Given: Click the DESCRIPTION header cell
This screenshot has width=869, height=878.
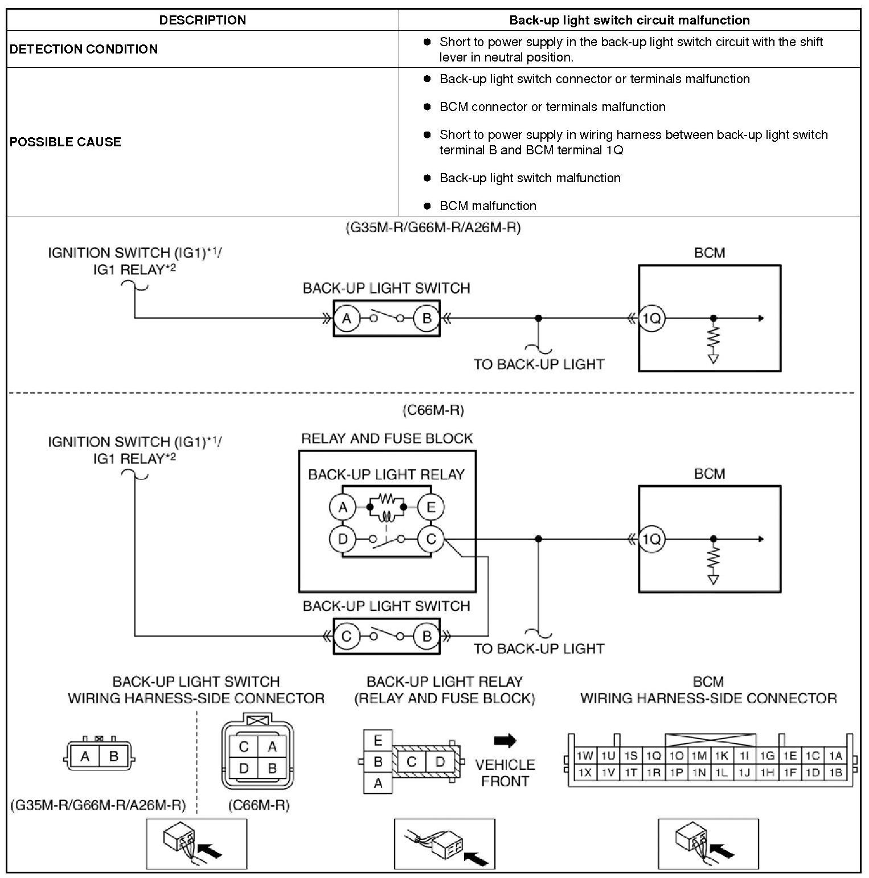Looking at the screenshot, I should click(x=202, y=20).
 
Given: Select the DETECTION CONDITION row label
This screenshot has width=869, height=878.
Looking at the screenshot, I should click(x=84, y=49).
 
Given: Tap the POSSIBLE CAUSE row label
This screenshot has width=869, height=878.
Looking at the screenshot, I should click(x=65, y=142).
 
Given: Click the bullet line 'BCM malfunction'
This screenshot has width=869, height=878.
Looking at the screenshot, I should click(x=487, y=206).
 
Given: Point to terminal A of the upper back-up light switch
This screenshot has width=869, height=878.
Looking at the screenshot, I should click(x=346, y=318).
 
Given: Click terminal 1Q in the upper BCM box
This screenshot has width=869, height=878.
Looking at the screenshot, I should click(x=651, y=318).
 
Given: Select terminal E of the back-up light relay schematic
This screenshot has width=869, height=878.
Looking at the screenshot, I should click(x=431, y=507).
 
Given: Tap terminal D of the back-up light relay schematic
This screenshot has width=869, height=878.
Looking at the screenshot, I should click(x=343, y=539).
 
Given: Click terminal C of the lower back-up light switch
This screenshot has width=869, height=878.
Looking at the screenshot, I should click(x=346, y=636).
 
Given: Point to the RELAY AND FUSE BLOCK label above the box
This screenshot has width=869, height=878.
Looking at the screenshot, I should click(x=387, y=438).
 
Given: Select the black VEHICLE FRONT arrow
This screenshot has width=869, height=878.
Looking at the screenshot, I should click(x=505, y=740).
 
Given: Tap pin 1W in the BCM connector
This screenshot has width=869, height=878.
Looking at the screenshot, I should click(x=585, y=756).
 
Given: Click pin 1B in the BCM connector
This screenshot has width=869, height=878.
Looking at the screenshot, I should click(x=835, y=773).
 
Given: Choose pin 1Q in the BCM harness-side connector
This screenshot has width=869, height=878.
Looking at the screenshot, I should click(x=653, y=756).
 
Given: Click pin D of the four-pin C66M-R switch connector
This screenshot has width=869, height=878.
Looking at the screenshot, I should click(x=244, y=768).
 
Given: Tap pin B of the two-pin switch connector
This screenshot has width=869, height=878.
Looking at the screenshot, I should click(x=113, y=757).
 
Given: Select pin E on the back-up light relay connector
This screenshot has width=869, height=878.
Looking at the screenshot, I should click(x=378, y=741).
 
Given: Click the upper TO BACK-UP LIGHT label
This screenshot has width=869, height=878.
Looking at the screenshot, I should click(x=539, y=364).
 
